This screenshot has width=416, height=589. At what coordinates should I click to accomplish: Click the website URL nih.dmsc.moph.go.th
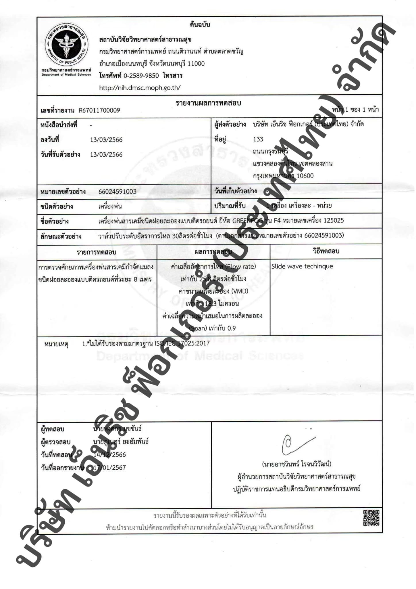(x=140, y=88)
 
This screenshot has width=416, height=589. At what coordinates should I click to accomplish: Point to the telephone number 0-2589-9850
(x=141, y=76)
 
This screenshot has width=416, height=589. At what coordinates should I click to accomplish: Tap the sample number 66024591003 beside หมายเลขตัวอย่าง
(x=117, y=192)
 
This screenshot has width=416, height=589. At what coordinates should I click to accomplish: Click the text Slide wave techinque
(x=302, y=266)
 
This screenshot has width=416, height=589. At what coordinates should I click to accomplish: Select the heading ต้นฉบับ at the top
(x=200, y=25)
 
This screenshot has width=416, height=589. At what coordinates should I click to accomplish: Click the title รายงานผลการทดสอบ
(x=208, y=103)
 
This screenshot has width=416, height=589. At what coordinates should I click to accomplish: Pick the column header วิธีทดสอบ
(x=326, y=251)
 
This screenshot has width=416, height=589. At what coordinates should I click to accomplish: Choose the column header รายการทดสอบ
(x=96, y=252)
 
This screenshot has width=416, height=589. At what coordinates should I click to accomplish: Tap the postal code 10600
(x=305, y=176)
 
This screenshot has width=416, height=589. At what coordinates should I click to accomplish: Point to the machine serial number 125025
(x=334, y=221)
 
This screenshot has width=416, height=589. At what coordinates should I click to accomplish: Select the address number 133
(x=258, y=139)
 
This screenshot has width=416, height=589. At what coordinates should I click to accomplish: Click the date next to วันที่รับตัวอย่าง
(x=106, y=155)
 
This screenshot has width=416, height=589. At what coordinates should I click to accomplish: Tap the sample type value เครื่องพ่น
(x=110, y=206)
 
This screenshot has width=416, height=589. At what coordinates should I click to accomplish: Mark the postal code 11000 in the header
(x=196, y=64)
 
